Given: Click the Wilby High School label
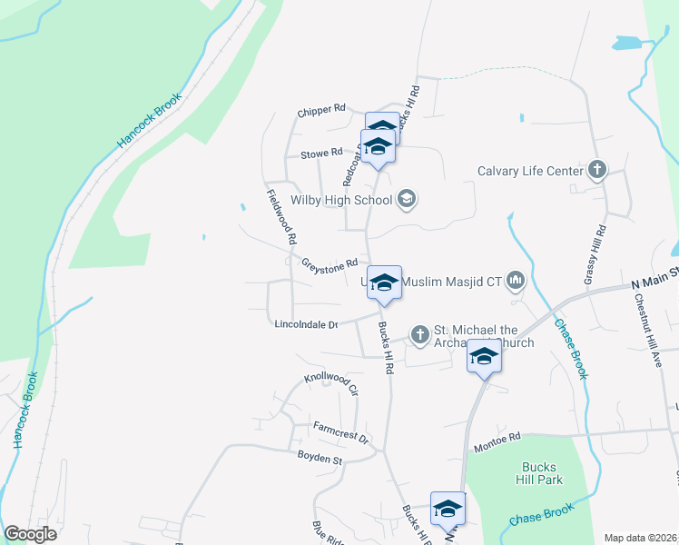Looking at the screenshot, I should coord(340,200).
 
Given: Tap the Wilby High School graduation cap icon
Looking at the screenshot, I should coord(406,200).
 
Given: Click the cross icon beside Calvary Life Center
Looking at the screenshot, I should coord(597,170).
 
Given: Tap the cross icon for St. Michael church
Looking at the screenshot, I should coord(419,335).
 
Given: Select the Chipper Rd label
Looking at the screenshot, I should coord(321,111).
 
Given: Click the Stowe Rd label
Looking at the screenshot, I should coord(323,153).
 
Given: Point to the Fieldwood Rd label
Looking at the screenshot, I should coord(282,217).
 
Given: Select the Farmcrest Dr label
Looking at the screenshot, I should coord(340,431).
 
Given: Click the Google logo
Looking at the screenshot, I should coord(31,534).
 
